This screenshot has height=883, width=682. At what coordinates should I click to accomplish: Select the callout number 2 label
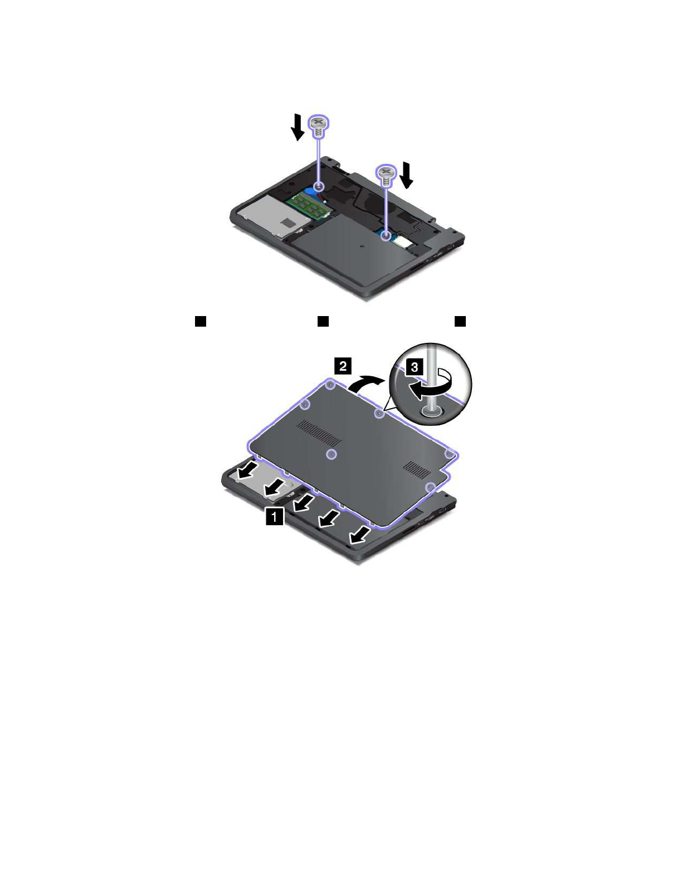pos(343,366)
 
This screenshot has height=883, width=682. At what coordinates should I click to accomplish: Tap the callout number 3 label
pos(414,367)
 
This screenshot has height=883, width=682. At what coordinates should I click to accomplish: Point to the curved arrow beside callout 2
pos(366,383)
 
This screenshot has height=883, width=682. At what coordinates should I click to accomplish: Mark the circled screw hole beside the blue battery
pos(320,186)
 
